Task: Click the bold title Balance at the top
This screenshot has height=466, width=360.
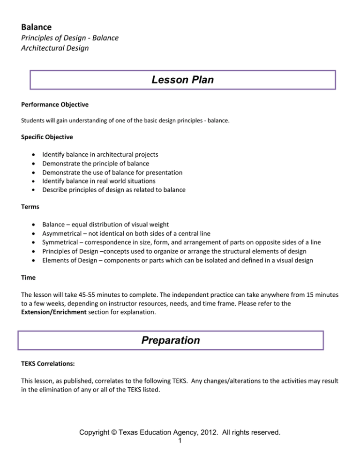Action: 37,28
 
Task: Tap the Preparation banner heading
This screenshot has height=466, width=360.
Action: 171,340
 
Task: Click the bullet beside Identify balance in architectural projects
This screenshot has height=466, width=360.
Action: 31,155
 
